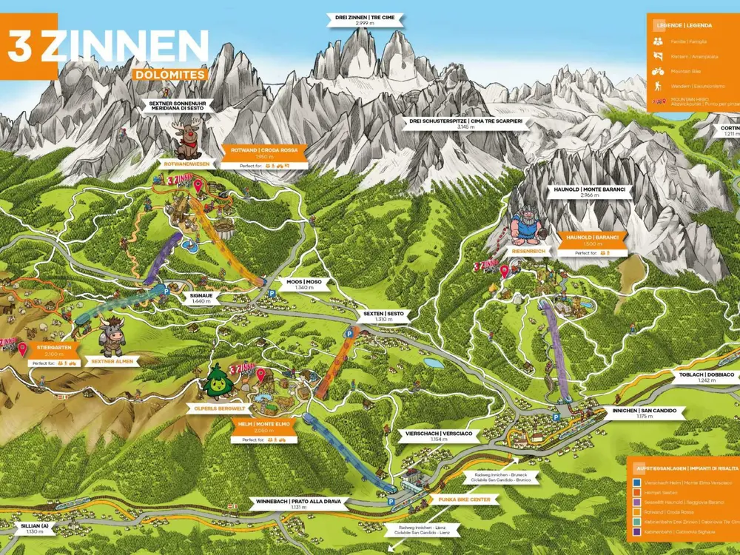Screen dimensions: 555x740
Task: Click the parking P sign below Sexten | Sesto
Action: click(x=348, y=334)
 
